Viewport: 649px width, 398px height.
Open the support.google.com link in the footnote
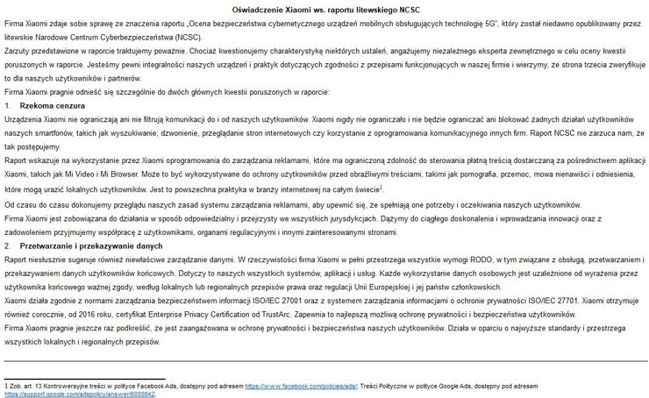(48, 394)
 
